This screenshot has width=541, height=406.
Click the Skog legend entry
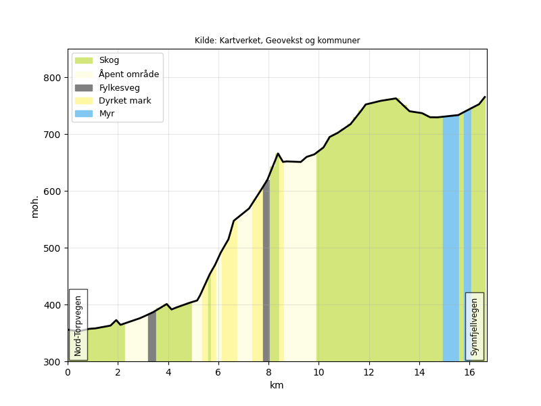pyautogui.click(x=109, y=60)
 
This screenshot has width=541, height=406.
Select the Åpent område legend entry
pyautogui.click(x=128, y=74)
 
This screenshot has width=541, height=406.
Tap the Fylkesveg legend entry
pyautogui.click(x=119, y=87)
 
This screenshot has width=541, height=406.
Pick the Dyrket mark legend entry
pyautogui.click(x=124, y=101)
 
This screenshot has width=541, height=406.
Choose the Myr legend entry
pyautogui.click(x=106, y=114)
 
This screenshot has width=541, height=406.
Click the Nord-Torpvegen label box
pyautogui.click(x=78, y=325)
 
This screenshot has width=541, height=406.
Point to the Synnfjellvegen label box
pyautogui.click(x=475, y=326)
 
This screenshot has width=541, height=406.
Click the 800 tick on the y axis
pyautogui.click(x=53, y=78)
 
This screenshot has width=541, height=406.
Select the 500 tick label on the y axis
pyautogui.click(x=53, y=248)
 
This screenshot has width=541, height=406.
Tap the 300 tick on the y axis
pyautogui.click(x=53, y=362)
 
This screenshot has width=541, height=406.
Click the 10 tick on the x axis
pyautogui.click(x=319, y=371)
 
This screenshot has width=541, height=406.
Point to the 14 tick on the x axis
pyautogui.click(x=419, y=371)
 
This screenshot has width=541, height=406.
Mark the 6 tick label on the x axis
pyautogui.click(x=218, y=371)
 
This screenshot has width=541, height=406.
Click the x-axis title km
pyautogui.click(x=277, y=385)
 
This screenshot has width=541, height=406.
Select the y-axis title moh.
pyautogui.click(x=35, y=206)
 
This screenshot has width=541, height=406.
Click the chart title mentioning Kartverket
pyautogui.click(x=277, y=41)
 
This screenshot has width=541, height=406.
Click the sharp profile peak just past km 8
pyautogui.click(x=278, y=154)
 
